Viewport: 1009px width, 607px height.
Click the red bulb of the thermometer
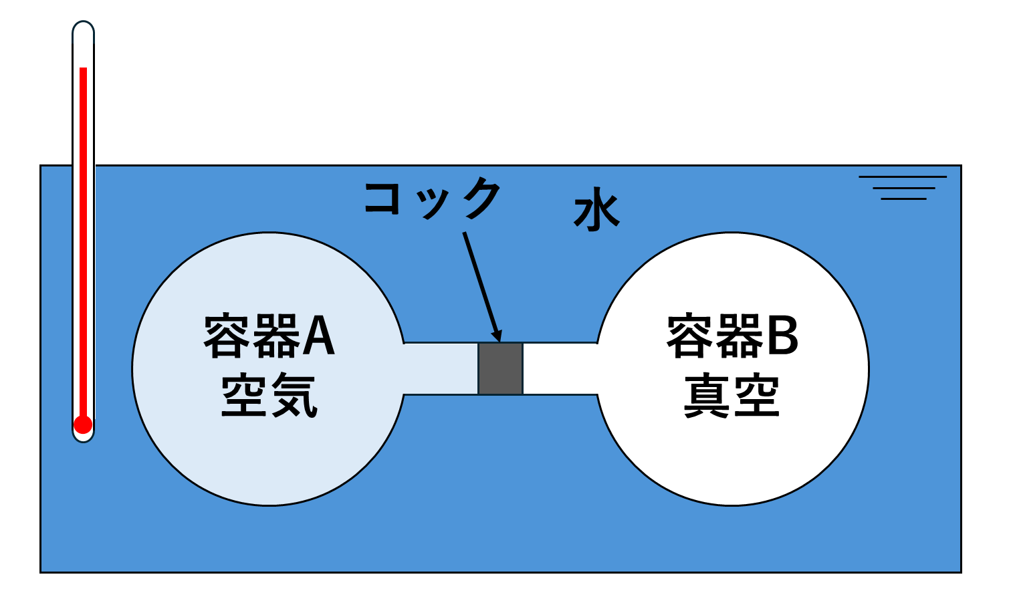[x=83, y=425]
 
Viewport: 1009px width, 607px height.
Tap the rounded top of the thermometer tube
[x=83, y=27]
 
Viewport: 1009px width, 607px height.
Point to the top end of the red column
[x=84, y=70]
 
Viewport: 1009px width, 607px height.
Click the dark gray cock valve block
[x=500, y=368]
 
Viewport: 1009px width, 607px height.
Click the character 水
[x=596, y=213]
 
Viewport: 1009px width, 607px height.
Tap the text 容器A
[x=269, y=336]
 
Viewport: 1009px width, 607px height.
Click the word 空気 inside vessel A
[x=269, y=396]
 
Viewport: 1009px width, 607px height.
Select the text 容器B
[x=732, y=336]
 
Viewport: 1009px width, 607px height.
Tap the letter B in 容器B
[x=782, y=336]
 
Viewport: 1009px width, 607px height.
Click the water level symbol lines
[x=903, y=188]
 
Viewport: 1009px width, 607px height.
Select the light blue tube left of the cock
[x=441, y=368]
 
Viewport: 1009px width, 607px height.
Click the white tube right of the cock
[x=560, y=368]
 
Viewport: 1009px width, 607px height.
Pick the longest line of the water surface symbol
[x=903, y=177]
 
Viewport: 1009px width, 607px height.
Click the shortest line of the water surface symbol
[x=903, y=199]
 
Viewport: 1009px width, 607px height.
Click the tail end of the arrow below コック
[x=465, y=234]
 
